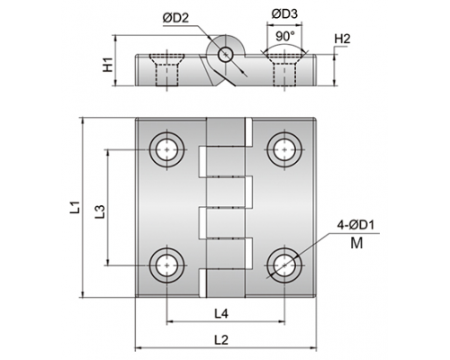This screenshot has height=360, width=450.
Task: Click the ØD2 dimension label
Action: point(176,18)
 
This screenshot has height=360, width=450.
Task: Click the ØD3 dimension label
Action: point(284,13)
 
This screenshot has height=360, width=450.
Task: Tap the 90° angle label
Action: point(285,37)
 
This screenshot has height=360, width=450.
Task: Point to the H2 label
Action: point(342,39)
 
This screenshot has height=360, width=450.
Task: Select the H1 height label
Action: point(107,65)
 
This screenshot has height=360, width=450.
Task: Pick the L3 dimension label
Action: point(100,211)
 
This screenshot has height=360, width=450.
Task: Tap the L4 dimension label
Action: point(221,314)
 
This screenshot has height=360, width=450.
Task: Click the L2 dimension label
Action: point(221,340)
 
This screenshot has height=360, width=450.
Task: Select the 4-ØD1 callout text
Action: point(356,225)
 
